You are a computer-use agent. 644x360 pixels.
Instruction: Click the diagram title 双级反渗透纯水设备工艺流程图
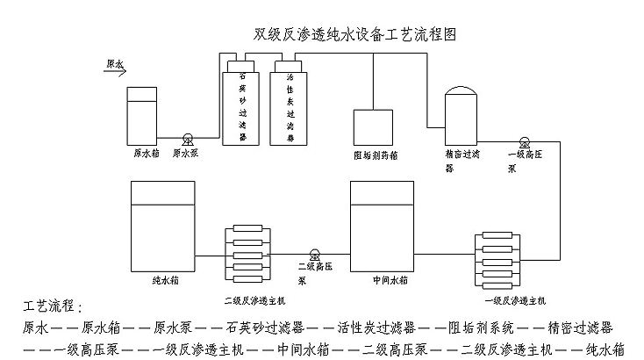[x=354, y=35]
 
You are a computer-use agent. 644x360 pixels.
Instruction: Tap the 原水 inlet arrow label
[x=114, y=64]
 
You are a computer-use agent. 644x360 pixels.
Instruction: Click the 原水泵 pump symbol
[x=188, y=139]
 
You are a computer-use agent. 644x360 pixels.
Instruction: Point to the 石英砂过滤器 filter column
[x=243, y=105]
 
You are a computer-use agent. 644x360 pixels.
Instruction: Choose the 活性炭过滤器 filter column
[x=289, y=105]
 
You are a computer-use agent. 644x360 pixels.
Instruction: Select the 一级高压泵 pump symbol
[x=524, y=141]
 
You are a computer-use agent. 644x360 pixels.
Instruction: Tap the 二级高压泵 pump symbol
[x=315, y=252]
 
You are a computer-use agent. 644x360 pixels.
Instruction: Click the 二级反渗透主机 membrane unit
[x=250, y=252]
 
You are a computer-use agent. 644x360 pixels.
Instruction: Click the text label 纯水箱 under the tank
[x=163, y=282]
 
